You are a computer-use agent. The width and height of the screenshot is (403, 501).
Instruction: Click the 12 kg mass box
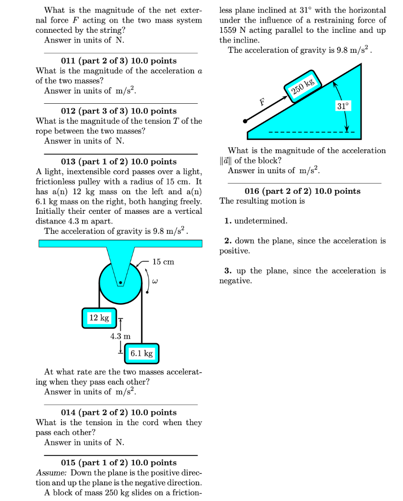click(x=99, y=318)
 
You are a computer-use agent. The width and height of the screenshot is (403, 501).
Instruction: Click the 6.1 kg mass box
click(x=141, y=353)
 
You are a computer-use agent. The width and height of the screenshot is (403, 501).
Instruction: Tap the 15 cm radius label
click(x=163, y=262)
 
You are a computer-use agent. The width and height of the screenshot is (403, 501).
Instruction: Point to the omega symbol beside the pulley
click(x=155, y=282)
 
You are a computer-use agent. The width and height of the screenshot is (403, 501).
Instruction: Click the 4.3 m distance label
click(x=120, y=336)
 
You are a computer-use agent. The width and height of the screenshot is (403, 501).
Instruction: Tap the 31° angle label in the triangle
click(x=343, y=106)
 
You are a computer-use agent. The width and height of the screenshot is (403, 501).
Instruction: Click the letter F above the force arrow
click(x=262, y=102)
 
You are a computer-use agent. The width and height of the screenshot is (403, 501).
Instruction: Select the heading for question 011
click(x=118, y=61)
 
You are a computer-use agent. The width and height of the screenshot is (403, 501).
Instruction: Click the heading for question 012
click(x=118, y=111)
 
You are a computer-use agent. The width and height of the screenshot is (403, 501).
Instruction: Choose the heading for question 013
click(x=118, y=161)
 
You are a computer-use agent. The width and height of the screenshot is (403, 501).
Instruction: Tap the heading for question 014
click(x=118, y=412)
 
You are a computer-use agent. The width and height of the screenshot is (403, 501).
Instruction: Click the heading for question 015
click(x=118, y=462)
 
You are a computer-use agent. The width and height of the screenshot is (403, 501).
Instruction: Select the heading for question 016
click(x=302, y=191)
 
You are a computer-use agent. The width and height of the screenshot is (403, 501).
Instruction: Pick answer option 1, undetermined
click(x=256, y=221)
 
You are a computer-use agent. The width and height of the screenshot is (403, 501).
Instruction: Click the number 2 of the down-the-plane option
click(x=227, y=241)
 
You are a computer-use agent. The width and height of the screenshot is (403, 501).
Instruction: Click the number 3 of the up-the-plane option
click(x=227, y=271)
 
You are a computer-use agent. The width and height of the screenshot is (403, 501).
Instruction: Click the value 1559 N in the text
click(x=232, y=30)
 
